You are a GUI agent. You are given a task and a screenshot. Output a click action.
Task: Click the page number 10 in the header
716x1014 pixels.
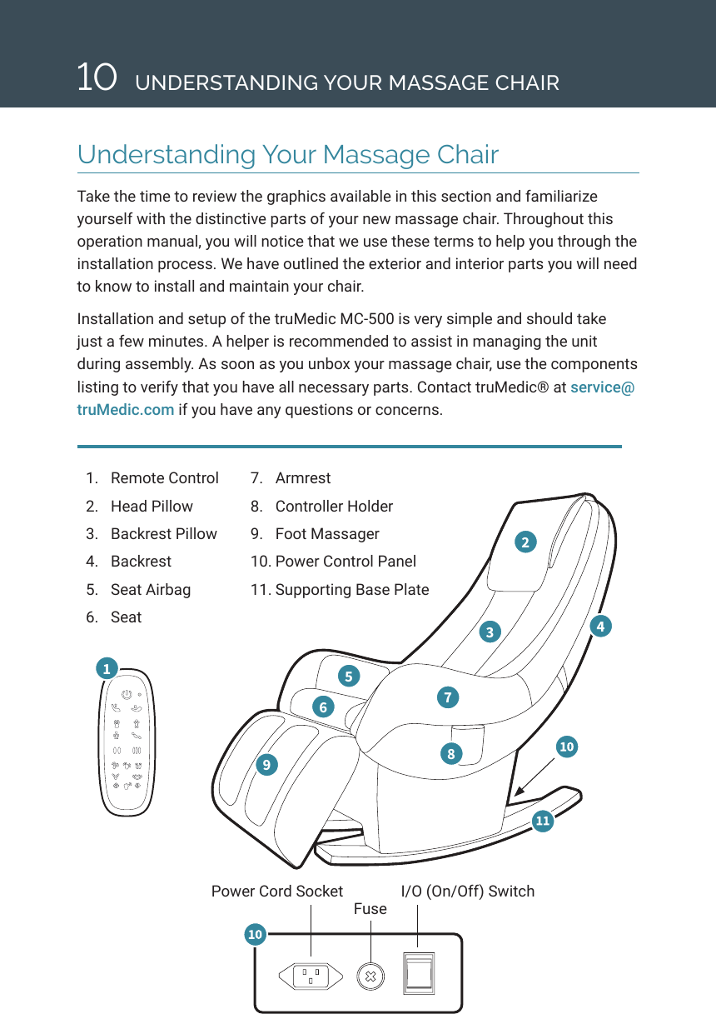tap(96, 77)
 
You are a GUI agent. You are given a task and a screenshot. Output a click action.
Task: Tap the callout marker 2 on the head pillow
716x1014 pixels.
tap(525, 542)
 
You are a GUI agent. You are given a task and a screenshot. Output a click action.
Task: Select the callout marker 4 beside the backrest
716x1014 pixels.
tap(599, 626)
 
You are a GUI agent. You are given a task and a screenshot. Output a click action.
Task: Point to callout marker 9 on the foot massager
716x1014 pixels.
tap(266, 763)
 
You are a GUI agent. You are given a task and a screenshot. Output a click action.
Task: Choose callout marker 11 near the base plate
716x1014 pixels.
tap(543, 822)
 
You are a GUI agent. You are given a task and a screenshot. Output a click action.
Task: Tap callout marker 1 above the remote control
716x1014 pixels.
tap(106, 668)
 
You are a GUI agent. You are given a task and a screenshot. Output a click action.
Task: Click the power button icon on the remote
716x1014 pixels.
tap(125, 693)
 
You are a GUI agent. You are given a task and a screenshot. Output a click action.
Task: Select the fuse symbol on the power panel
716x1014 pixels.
tap(370, 976)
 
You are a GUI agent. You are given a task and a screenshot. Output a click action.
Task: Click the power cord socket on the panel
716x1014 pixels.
tap(311, 976)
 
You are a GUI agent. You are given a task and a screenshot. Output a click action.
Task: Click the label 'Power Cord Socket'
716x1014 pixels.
tap(276, 892)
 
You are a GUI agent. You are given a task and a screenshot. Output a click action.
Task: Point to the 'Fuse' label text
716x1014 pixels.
tap(370, 909)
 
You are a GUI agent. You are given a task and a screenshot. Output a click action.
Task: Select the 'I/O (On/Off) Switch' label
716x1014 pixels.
tap(467, 892)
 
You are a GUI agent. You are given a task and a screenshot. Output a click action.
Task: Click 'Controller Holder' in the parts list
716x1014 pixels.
tap(333, 507)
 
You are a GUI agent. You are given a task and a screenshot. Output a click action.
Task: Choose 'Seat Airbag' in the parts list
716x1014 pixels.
tap(150, 590)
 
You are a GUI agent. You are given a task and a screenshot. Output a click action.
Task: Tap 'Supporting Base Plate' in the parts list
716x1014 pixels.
tap(351, 590)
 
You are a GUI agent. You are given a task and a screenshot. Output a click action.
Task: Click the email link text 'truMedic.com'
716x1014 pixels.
tap(126, 409)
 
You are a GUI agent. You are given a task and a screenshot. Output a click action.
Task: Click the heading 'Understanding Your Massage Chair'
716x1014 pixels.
tap(288, 155)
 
